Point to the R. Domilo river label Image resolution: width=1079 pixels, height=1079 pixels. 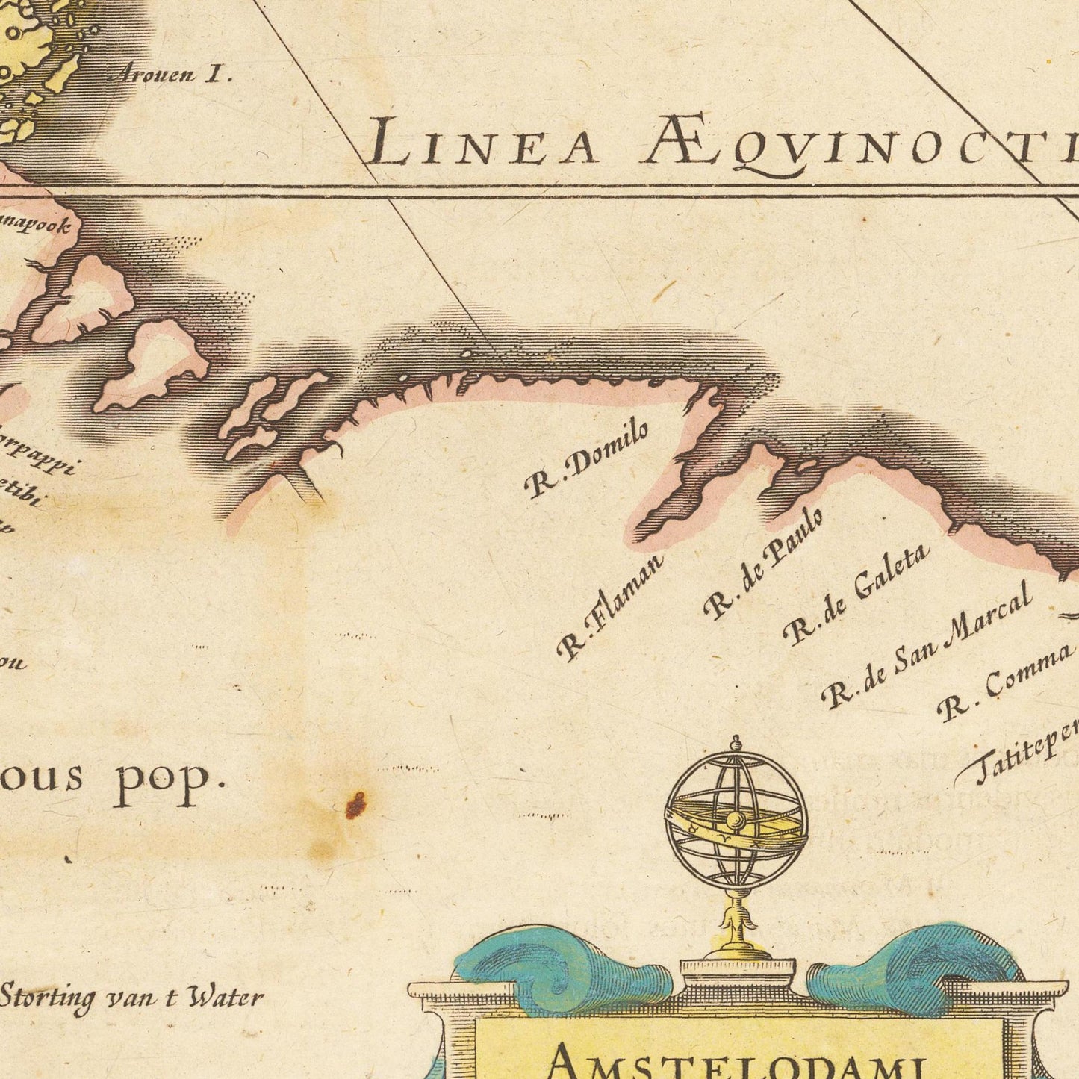pos(586,458)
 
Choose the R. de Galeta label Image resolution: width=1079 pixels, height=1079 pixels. pos(856,594)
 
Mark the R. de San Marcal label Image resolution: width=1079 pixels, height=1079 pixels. pos(927,644)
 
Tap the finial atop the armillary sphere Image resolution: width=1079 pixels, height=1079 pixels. pos(736,744)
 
